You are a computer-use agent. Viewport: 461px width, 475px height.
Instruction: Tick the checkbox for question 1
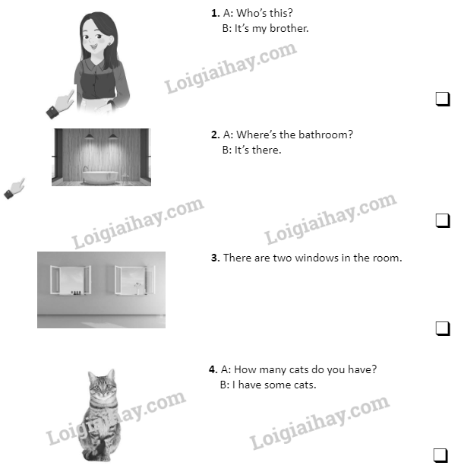(x=443, y=99)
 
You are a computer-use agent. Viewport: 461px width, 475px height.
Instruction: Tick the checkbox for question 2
(x=443, y=220)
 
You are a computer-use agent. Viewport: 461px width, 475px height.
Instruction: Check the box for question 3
(x=443, y=328)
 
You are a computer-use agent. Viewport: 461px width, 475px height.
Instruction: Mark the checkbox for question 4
(x=440, y=455)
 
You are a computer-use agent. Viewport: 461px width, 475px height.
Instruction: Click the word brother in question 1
(x=289, y=28)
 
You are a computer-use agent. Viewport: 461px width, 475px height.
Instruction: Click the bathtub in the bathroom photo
(x=100, y=177)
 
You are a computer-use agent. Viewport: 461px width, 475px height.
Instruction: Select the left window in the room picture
(x=71, y=280)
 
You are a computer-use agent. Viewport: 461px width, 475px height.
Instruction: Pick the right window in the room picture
(x=135, y=280)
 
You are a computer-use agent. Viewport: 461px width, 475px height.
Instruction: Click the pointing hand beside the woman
(x=60, y=104)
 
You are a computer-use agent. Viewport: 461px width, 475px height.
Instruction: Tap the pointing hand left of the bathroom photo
(x=14, y=188)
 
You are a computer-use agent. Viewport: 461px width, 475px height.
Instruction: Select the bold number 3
(x=215, y=258)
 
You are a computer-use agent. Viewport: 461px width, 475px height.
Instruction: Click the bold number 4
(x=213, y=369)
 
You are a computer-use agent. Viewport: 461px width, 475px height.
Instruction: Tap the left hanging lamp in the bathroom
(x=89, y=136)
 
